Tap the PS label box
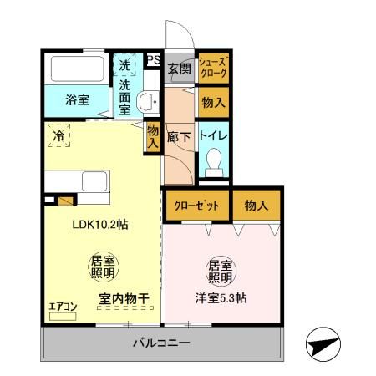(x=153, y=59)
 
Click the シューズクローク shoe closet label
(x=212, y=67)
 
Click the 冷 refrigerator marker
(x=58, y=135)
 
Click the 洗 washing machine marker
(x=124, y=65)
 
